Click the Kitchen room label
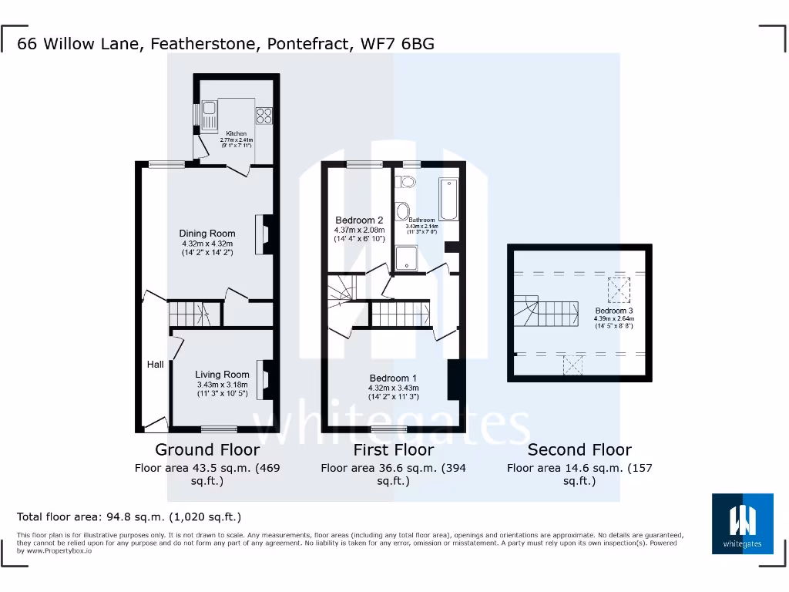pos(236,133)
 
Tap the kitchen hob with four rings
pos(264,115)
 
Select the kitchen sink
pos(209,115)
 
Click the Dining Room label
pos(207,234)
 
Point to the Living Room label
pos(222,375)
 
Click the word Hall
pos(156,364)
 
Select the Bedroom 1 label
pos(394,378)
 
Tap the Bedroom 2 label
pos(359,220)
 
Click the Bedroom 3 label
pos(613,311)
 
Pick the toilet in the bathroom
pos(405,182)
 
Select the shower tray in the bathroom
pos(405,259)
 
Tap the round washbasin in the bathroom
pos(402,212)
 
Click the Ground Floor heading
pos(207,449)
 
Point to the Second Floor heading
pos(579,449)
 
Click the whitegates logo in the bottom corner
pos(743,523)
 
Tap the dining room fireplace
pos(267,233)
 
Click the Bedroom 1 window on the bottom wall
pos(389,429)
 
